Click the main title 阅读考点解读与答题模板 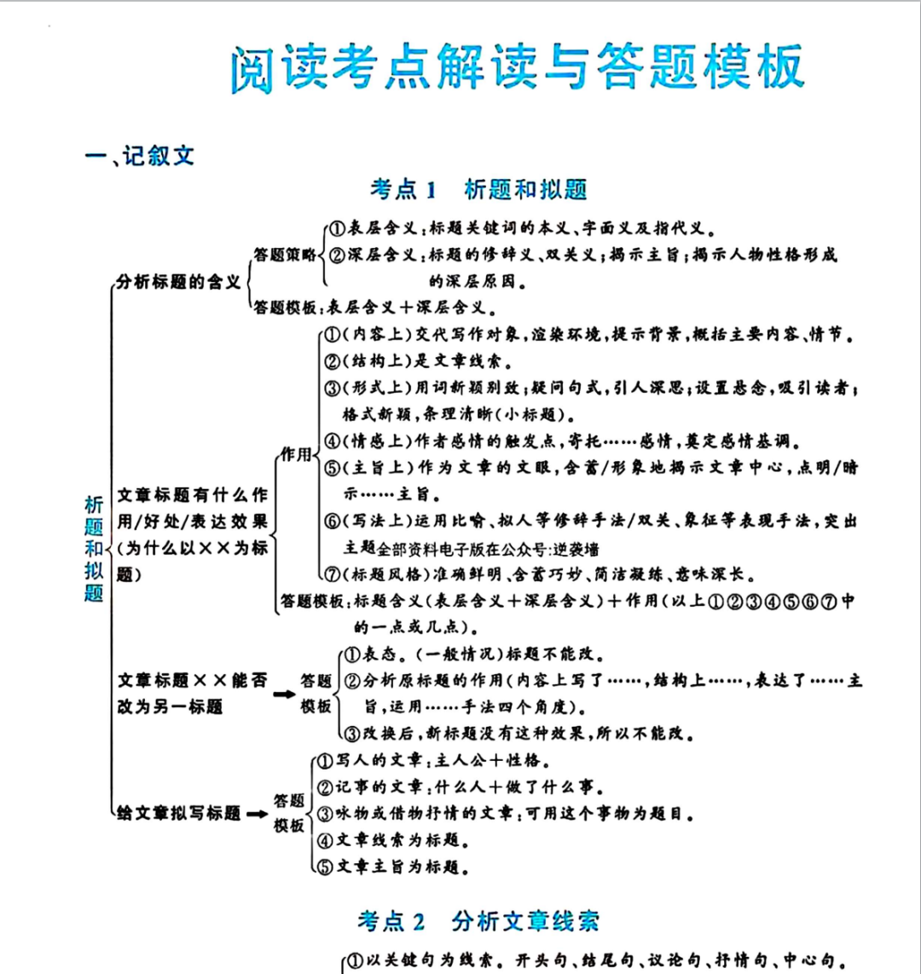517,70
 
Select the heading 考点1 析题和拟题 478,188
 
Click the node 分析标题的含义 179,282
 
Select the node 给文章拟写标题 179,813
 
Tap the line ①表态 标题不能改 473,655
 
